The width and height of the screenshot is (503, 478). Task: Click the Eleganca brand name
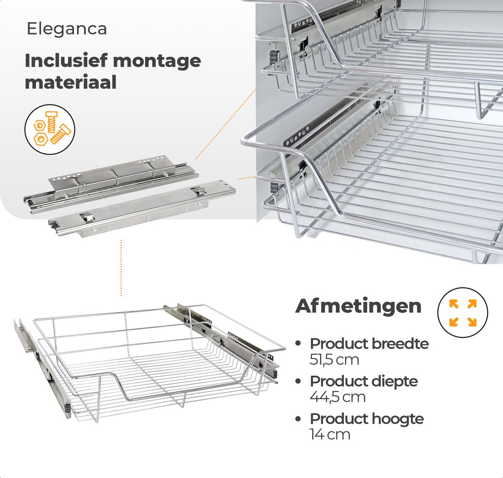(x=67, y=29)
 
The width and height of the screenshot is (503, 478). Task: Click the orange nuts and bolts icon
(x=50, y=129)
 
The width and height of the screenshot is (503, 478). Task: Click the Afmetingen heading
(x=358, y=306)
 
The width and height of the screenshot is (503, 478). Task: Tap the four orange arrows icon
(x=463, y=313)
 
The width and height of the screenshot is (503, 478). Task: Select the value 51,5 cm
(x=334, y=360)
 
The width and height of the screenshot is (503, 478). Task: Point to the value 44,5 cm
(x=337, y=397)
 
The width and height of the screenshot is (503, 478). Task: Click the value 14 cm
(x=330, y=434)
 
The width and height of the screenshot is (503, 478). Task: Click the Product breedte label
(x=369, y=344)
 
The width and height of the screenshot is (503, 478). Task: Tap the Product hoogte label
(x=367, y=419)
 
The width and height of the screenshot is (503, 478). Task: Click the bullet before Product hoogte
(x=298, y=419)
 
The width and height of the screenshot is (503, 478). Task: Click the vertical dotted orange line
(x=121, y=268)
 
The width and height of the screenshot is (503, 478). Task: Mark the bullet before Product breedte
(x=298, y=343)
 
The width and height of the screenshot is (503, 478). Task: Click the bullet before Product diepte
(x=298, y=381)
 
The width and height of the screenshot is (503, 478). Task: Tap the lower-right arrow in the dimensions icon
(x=472, y=321)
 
